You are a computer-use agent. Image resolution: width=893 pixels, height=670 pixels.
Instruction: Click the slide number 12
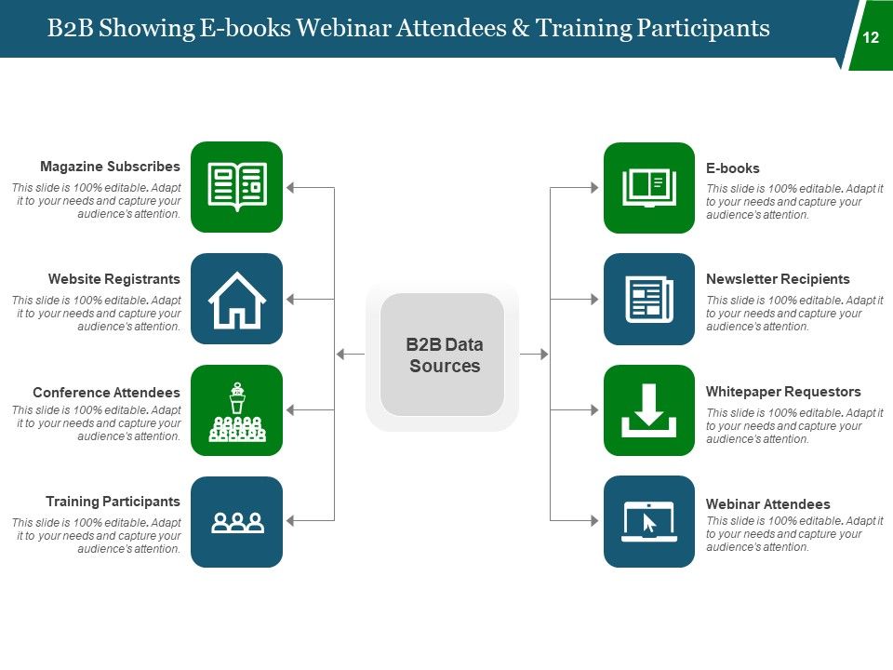871,38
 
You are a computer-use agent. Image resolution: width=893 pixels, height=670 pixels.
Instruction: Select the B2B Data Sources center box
443,355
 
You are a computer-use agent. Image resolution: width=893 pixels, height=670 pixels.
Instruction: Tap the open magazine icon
236,187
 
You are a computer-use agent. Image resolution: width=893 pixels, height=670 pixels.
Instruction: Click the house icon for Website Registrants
236,299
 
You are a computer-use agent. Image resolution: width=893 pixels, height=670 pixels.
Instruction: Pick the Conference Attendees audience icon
236,410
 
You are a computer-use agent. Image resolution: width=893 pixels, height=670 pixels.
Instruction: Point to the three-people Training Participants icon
236,522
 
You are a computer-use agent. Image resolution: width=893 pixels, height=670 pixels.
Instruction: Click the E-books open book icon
649,187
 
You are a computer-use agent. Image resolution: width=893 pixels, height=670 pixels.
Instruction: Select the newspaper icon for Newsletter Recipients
649,299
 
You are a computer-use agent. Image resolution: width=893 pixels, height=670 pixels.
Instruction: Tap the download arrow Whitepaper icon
649,410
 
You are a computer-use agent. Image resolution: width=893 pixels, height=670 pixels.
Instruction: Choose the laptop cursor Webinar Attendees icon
649,522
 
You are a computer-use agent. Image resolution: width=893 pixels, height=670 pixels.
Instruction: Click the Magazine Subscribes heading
110,167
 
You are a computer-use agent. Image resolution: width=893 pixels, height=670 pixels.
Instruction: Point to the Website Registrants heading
114,279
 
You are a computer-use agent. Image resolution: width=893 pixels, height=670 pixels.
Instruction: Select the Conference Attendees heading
106,392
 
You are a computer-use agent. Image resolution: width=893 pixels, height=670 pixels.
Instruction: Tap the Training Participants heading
113,502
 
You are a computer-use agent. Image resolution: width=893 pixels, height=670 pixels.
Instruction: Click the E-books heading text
733,168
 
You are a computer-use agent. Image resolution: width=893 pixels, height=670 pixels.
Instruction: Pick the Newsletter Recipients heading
778,279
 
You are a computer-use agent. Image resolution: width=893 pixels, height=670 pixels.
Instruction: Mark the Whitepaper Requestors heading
783,392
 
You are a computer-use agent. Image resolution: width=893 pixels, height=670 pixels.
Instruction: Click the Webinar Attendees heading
768,504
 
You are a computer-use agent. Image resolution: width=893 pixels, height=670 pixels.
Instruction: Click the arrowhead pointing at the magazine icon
290,187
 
